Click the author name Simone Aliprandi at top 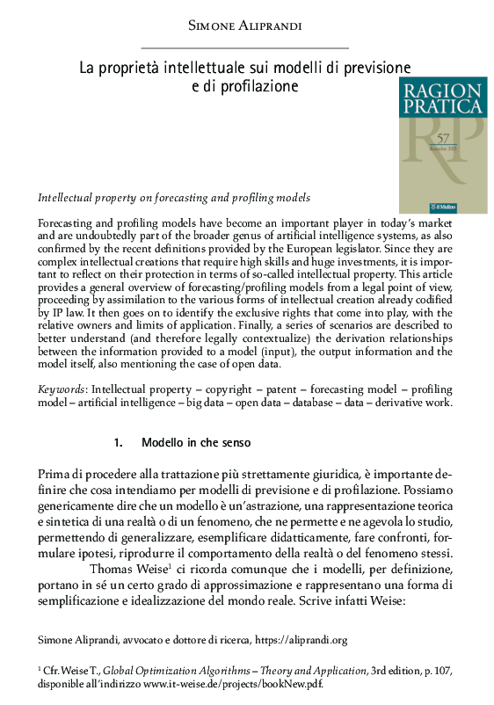245,26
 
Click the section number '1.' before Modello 120,442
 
